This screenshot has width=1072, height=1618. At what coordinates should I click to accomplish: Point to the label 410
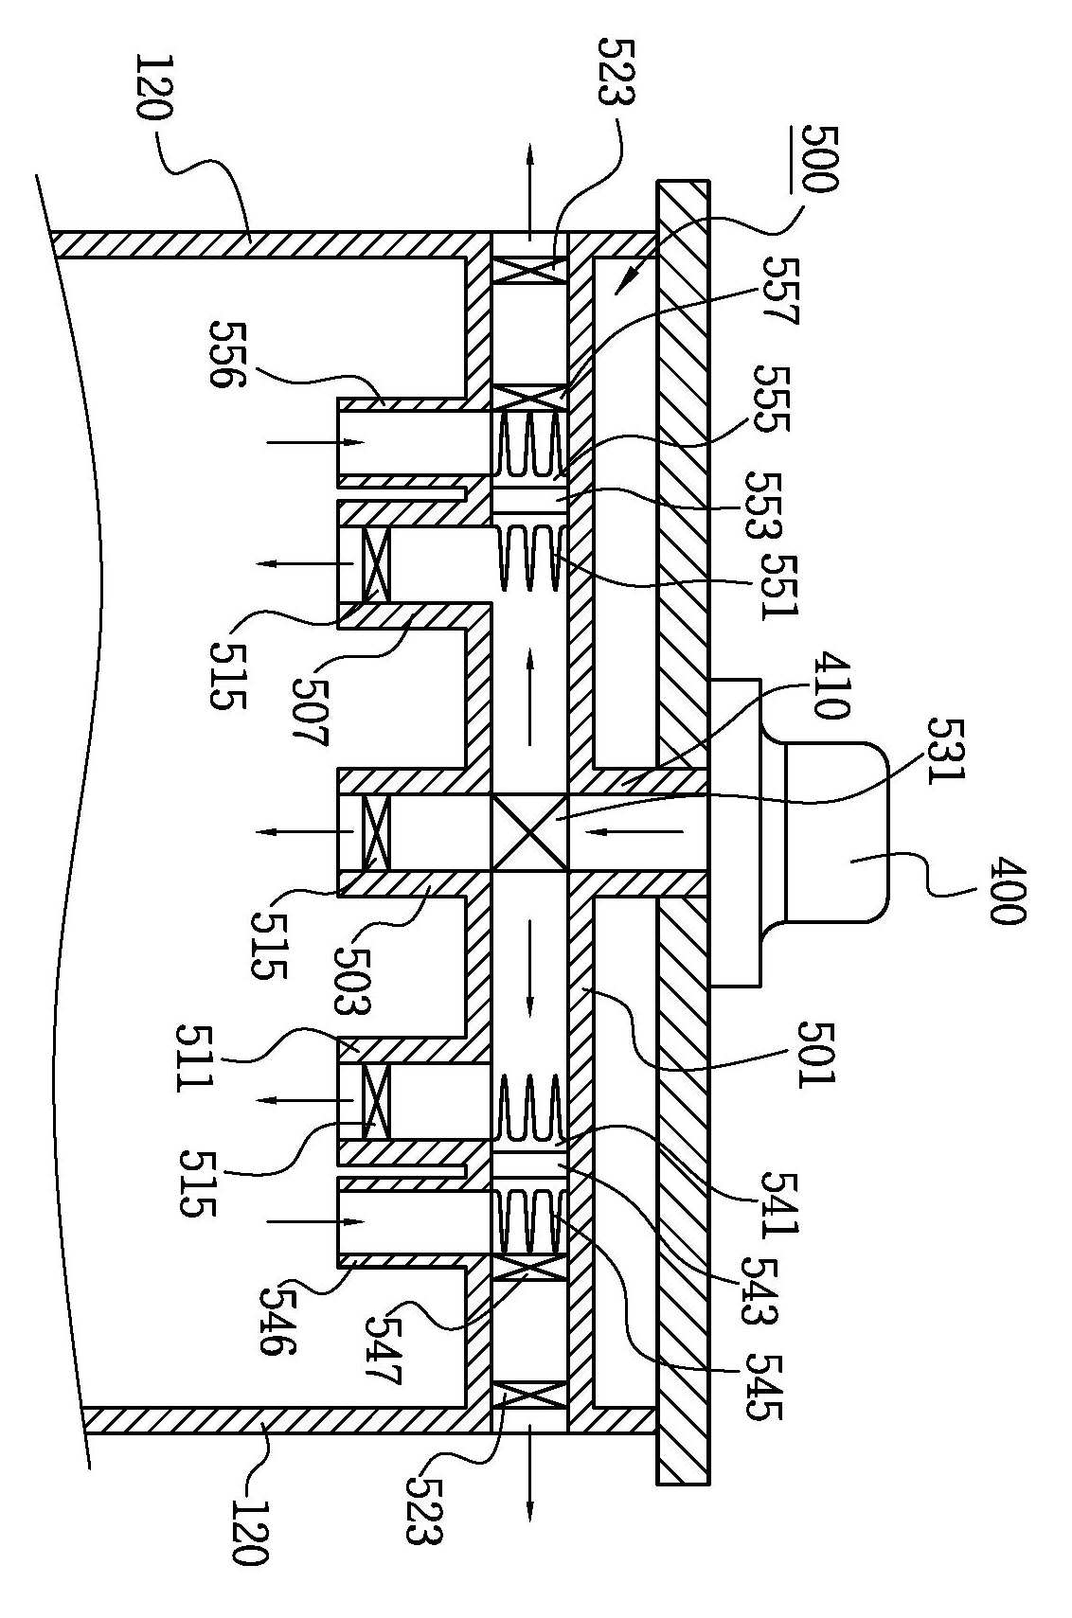[x=830, y=685]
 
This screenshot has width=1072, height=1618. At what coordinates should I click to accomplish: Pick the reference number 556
[x=227, y=354]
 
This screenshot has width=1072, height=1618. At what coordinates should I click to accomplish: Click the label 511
[x=196, y=1056]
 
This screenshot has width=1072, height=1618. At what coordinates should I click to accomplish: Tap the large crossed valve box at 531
[x=530, y=833]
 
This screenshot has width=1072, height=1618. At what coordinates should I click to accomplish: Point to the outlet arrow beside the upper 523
[x=529, y=187]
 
